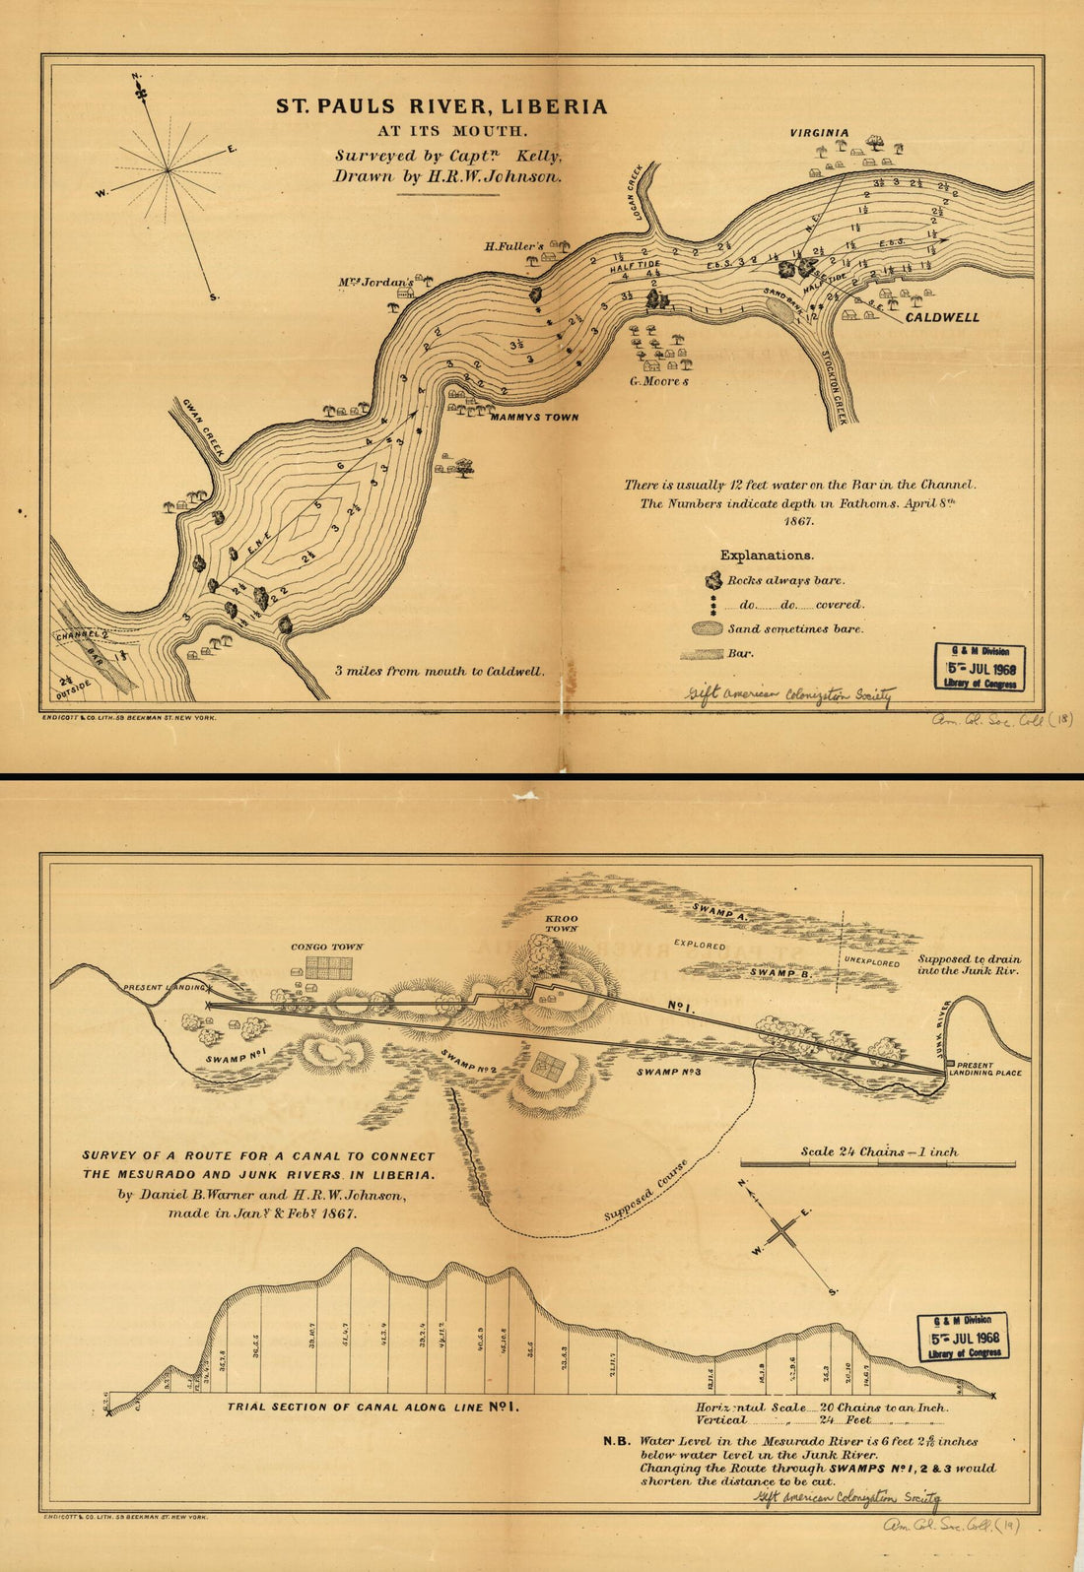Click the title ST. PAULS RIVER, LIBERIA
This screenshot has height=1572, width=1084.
(440, 106)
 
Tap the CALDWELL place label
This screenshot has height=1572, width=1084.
(942, 318)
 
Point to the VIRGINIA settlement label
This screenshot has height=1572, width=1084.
(818, 132)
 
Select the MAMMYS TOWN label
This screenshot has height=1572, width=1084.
(534, 418)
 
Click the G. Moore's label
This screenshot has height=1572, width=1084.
(659, 380)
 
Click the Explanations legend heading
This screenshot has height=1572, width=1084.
(767, 556)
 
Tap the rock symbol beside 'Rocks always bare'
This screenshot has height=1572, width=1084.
(712, 580)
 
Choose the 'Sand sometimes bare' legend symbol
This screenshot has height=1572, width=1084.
(708, 628)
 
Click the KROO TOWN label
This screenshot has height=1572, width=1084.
(561, 923)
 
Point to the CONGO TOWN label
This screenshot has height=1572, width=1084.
(326, 947)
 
